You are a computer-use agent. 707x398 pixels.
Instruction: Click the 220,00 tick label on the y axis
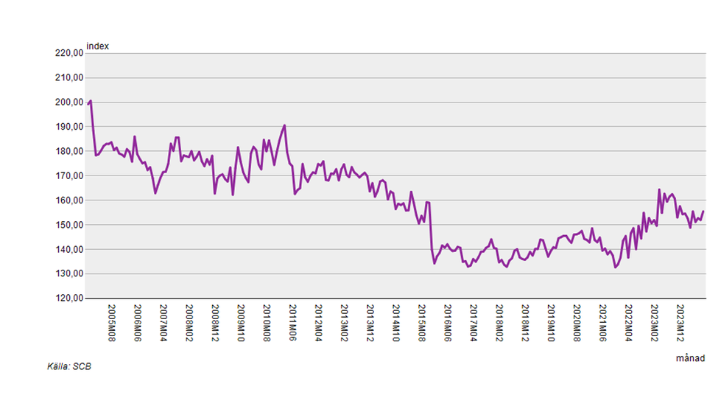(68, 53)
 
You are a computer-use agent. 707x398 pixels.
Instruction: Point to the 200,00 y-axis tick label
(68, 102)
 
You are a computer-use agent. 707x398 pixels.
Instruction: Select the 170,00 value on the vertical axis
(68, 176)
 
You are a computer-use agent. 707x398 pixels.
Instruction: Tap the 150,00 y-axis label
(68, 225)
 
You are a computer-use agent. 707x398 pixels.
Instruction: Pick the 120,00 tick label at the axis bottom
(68, 298)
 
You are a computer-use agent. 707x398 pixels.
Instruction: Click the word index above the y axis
(98, 46)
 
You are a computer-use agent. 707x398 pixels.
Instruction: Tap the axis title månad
(690, 358)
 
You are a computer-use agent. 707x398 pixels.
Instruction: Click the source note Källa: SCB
(70, 366)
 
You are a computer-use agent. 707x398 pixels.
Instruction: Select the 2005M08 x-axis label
(112, 321)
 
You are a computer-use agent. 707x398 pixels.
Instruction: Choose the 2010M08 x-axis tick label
(267, 321)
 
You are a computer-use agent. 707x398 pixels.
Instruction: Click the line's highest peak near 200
(90, 101)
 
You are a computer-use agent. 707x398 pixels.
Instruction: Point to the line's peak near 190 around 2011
(284, 125)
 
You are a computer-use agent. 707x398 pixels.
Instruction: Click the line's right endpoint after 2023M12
(703, 212)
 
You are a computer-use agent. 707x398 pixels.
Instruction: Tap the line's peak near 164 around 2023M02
(659, 189)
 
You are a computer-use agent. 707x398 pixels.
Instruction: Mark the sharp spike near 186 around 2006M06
(134, 136)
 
